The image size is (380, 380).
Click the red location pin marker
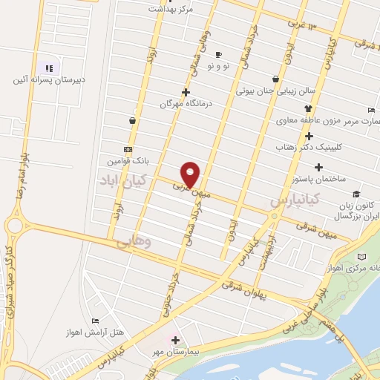coord(191,174)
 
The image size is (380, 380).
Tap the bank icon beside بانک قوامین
coord(129,148)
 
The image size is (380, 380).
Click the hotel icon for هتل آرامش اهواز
coord(95,321)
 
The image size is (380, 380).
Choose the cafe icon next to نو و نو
coord(218,54)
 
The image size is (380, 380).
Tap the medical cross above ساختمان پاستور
coord(319,167)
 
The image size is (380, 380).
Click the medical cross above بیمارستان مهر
coord(175,339)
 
